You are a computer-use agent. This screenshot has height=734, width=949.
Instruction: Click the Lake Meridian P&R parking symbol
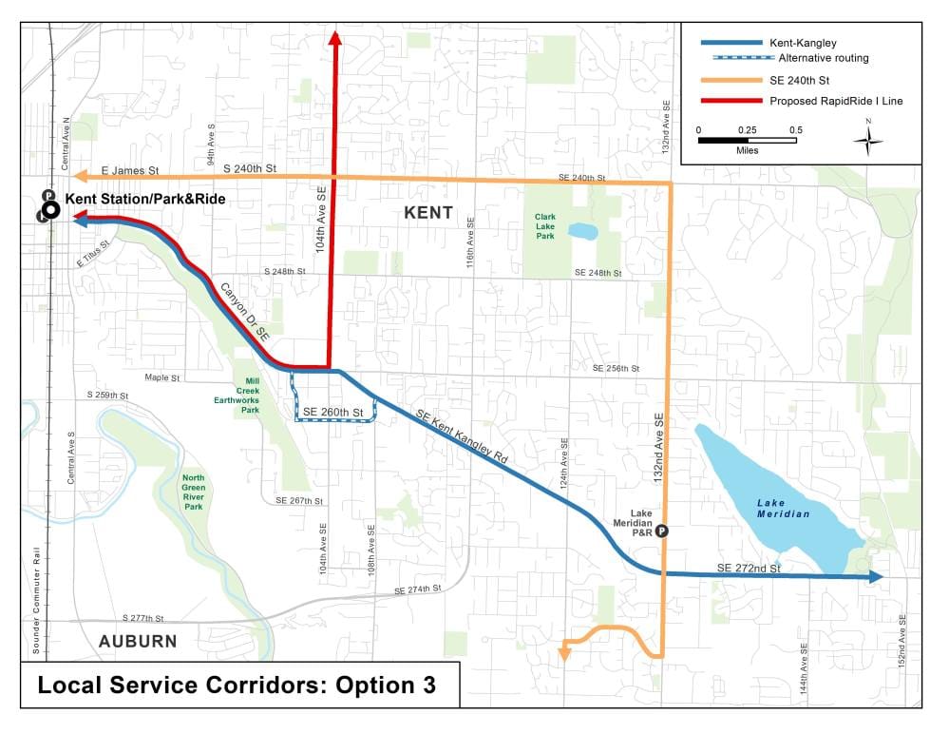pyautogui.click(x=662, y=532)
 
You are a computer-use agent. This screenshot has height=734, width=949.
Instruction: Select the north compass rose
pyautogui.click(x=867, y=140)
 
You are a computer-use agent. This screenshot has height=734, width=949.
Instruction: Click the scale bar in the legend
pyautogui.click(x=747, y=140)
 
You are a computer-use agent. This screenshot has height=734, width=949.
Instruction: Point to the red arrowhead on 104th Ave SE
pyautogui.click(x=334, y=37)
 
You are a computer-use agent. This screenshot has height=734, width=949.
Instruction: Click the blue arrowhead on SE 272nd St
pyautogui.click(x=875, y=576)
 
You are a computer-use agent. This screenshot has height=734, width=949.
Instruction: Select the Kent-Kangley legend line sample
pyautogui.click(x=731, y=43)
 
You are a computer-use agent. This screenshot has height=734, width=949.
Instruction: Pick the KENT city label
pyautogui.click(x=428, y=213)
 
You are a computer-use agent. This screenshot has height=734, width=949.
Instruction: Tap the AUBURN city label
pyautogui.click(x=138, y=641)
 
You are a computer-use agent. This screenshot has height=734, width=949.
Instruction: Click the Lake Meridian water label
pyautogui.click(x=784, y=508)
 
